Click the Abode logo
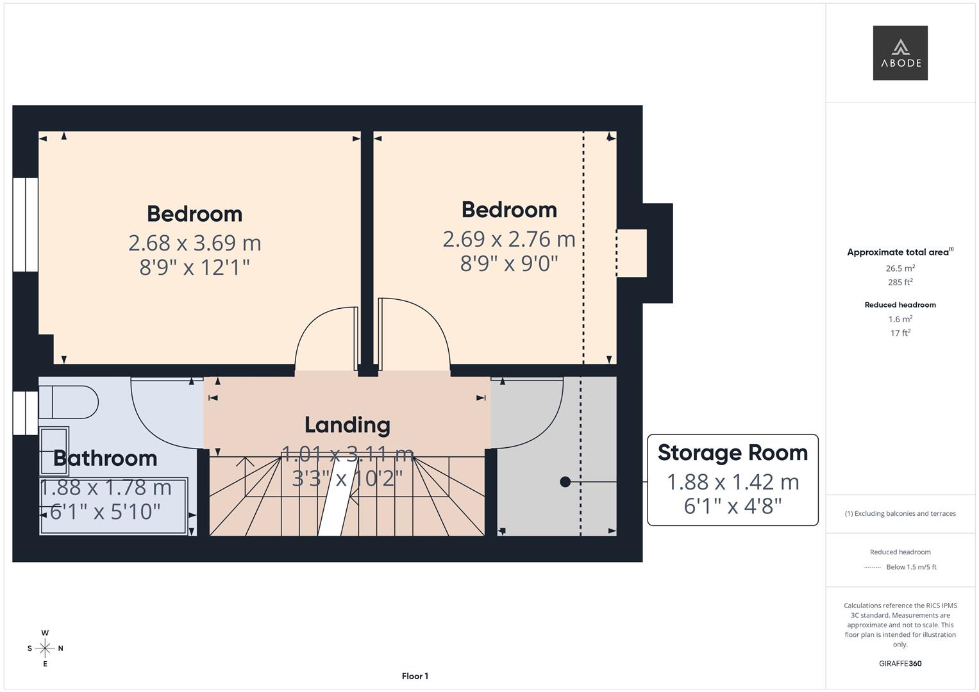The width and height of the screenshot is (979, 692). [x=900, y=53]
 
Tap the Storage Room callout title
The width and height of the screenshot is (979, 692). [x=732, y=453]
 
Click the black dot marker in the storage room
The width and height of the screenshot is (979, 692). [x=565, y=482]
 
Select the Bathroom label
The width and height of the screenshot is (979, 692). [x=105, y=458]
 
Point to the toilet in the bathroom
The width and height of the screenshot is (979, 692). [x=67, y=402]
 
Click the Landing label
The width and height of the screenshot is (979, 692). [x=347, y=425]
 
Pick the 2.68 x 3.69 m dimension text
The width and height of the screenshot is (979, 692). [x=194, y=243]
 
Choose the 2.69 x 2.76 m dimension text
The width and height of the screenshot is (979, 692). [x=508, y=239]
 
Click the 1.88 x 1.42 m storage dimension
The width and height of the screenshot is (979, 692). [x=732, y=482]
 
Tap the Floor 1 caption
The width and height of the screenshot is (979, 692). [x=415, y=676]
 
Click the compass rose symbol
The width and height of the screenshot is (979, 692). [x=45, y=648]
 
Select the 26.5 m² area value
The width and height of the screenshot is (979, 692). [x=900, y=268]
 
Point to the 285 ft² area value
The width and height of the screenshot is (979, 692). [x=900, y=282]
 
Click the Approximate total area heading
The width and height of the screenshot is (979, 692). [x=900, y=252]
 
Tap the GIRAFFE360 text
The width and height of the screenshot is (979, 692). [x=900, y=663]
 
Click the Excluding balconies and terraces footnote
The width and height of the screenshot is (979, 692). [x=900, y=513]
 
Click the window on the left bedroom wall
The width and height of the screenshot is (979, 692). [x=26, y=224]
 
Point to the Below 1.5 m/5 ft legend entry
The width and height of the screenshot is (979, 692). [x=910, y=567]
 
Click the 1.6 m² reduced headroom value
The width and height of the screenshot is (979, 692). [x=900, y=319]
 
